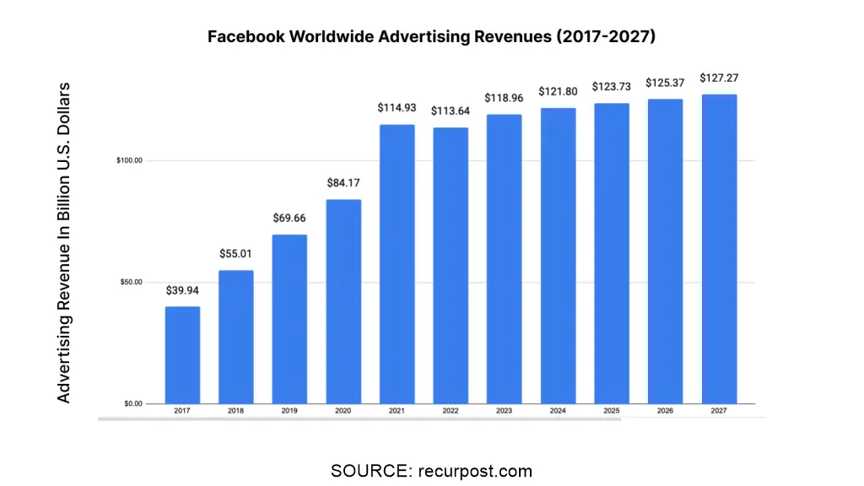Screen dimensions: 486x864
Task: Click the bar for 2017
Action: [182, 354]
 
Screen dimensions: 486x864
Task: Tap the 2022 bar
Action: [451, 265]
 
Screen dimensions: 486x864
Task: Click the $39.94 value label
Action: [182, 290]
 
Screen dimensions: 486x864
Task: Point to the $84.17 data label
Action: [343, 182]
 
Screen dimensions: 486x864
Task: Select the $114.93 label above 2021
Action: [397, 108]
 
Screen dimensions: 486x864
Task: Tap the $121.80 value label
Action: [558, 91]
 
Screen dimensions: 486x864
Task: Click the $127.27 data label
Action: [719, 78]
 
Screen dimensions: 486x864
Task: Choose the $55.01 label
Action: [236, 253]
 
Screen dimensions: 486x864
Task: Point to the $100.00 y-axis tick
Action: [129, 160]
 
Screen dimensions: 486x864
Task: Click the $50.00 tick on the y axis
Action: [131, 282]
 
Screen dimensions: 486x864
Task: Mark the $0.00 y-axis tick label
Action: [132, 403]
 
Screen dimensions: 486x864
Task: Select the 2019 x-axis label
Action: [289, 411]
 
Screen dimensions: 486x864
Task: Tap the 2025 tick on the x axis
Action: [612, 411]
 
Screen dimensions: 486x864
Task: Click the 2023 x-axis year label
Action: [504, 411]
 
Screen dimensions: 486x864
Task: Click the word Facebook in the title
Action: [245, 37]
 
